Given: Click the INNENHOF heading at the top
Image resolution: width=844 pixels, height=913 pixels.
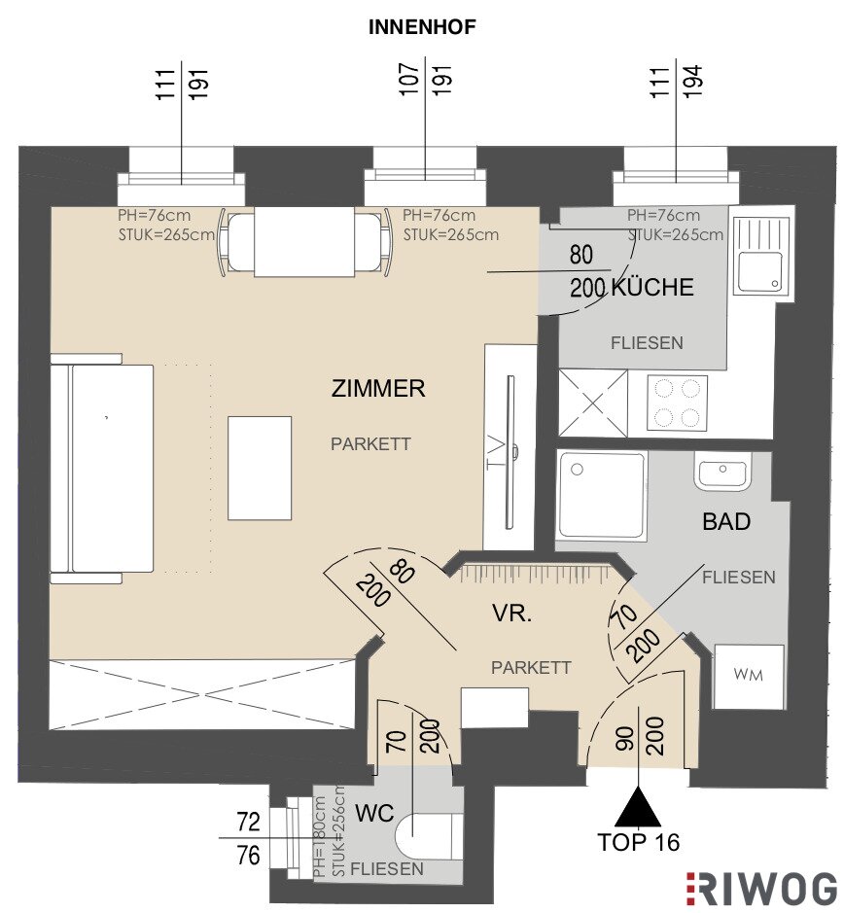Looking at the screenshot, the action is pos(422,27).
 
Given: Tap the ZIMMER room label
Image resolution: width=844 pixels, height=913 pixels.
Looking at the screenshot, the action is pos(378,388).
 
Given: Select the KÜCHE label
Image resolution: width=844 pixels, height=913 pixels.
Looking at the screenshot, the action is pos(653,287).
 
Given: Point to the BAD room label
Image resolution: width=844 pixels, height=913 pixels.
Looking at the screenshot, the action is pos(725,522).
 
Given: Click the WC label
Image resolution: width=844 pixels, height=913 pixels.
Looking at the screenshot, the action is pos(374,813).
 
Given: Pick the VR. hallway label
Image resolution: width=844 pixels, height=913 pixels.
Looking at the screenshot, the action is pos(512,614).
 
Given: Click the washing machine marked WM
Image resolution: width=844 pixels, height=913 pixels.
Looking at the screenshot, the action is pos(749,677).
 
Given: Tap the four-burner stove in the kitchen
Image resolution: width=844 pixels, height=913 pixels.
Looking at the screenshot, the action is pos(677,403).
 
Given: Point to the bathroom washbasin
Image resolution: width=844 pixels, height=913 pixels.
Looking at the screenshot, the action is pos(722,472).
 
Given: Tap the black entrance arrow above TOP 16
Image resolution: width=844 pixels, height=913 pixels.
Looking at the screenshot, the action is pos(639,807).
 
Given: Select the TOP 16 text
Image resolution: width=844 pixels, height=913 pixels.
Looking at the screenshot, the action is pos(639,842).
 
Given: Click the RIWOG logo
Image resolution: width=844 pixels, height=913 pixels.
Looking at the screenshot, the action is pos(762,888).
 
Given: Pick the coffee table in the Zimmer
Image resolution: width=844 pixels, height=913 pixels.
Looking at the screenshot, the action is pos(260,468).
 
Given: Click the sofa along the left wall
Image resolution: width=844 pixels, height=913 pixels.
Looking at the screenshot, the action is pos(102,468).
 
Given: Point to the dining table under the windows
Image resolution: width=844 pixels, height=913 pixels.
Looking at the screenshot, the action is pos(303,242).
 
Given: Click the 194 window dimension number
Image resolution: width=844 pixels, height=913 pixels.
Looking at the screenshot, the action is pos(693,82).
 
